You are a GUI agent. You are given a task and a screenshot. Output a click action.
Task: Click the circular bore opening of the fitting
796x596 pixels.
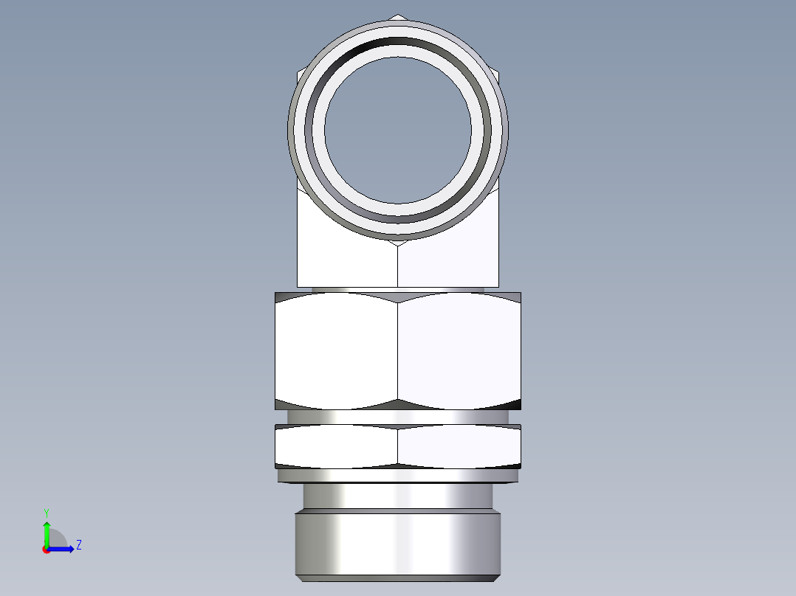pos(397,129)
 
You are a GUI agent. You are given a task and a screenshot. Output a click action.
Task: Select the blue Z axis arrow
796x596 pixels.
pos(63,548)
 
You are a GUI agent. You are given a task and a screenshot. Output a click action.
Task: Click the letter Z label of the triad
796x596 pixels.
pos(78,545)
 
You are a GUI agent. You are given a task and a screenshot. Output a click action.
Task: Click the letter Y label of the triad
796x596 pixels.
pos(46,512)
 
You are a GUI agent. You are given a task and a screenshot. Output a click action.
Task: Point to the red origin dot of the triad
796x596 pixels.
pos(46,550)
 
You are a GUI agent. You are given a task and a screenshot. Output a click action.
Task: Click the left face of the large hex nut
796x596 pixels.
pos(336,350)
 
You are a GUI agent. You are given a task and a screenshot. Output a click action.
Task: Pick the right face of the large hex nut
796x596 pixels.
pos(459,350)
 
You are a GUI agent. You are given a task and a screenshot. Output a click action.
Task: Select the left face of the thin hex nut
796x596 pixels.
pos(336,446)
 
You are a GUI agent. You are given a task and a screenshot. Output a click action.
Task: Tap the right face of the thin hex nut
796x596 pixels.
pos(459,446)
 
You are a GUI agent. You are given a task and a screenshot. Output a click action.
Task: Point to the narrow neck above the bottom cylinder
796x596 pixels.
pos(397,496)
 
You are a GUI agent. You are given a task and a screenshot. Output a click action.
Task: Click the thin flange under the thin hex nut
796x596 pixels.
pos(397,476)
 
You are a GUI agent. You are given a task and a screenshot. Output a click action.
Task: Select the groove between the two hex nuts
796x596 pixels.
pos(397,417)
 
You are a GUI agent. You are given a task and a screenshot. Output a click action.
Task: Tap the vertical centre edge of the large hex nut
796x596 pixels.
pos(397,350)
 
